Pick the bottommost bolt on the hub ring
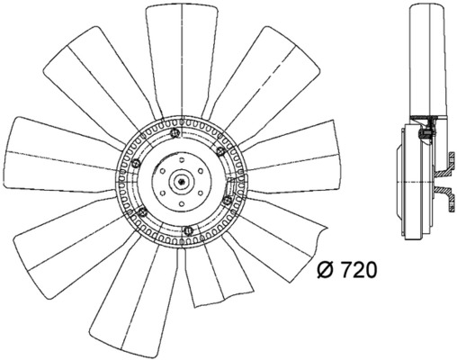tap(186, 233)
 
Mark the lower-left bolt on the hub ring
tap(142, 211)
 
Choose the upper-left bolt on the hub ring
tap(136, 165)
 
